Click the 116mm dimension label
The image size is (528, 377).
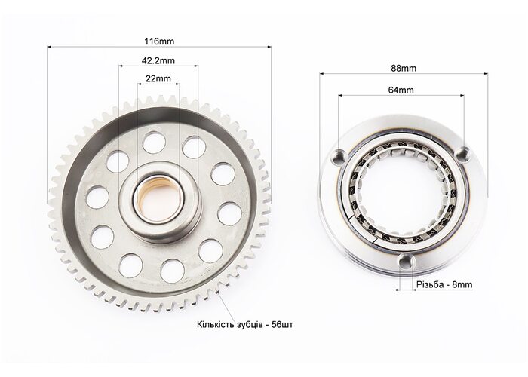(159, 41)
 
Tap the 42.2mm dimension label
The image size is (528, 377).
(158, 60)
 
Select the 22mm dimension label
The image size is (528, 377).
(158, 78)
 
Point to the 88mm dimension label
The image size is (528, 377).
(404, 69)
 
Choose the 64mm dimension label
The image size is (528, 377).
(401, 90)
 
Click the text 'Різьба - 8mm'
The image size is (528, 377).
(444, 284)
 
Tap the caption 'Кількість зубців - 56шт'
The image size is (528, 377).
(245, 325)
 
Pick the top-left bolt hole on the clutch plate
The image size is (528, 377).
(339, 157)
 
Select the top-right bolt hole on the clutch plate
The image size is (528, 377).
(463, 153)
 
